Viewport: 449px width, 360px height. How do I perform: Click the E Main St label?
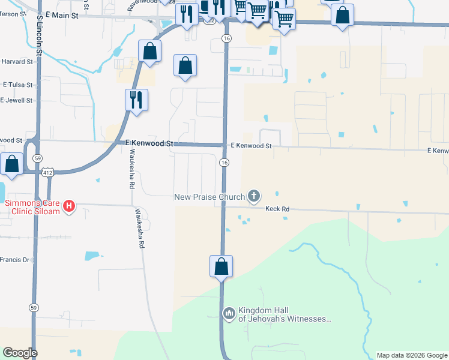62,15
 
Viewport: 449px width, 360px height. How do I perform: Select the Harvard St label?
16,61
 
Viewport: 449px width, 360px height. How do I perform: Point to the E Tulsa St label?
16,85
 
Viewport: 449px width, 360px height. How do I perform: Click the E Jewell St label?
18,100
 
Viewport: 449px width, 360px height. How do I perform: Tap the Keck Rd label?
277,209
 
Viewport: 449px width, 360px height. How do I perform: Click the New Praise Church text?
209,197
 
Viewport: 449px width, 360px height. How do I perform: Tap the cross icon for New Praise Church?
254,196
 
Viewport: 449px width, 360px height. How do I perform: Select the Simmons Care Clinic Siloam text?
32,207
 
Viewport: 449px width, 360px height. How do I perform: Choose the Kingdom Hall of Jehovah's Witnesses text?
285,314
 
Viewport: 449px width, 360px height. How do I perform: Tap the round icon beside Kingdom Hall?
229,313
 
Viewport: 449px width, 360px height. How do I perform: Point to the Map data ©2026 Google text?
412,355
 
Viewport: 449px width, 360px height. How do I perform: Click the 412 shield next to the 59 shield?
47,172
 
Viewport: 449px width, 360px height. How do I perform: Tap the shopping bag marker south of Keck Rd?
221,266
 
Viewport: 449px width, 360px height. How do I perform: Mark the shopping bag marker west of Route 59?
11,163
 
